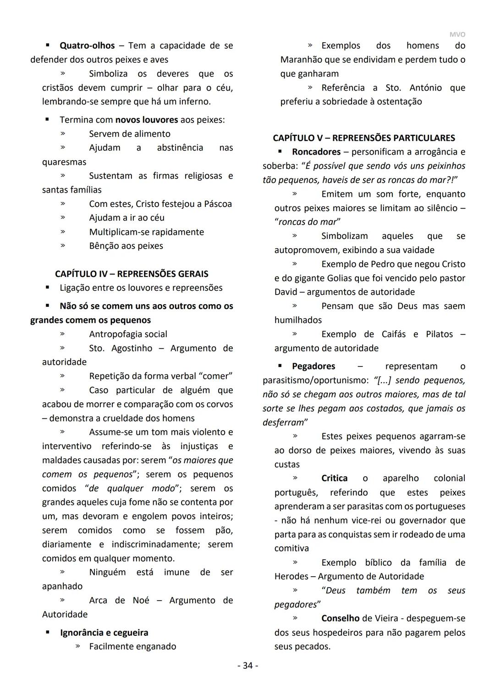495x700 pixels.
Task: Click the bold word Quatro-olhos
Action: click(x=87, y=45)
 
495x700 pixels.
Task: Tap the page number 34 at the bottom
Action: click(x=247, y=665)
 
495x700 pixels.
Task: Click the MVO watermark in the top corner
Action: click(x=456, y=34)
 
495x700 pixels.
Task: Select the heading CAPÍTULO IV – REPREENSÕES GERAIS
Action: click(x=132, y=274)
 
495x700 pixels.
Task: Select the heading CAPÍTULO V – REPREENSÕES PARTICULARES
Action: click(x=364, y=138)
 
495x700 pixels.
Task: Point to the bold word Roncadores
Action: click(x=316, y=152)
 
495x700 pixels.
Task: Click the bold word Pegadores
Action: click(x=313, y=366)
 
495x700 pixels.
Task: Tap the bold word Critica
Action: click(x=334, y=478)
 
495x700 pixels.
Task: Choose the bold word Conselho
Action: click(x=340, y=618)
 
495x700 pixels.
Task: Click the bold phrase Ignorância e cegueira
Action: click(x=104, y=633)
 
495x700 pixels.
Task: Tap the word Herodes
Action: click(x=291, y=576)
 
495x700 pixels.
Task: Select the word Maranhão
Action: click(x=303, y=60)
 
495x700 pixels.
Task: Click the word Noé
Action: click(x=141, y=600)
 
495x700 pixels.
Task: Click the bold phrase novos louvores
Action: click(x=146, y=120)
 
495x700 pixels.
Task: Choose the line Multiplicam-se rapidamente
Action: click(x=146, y=232)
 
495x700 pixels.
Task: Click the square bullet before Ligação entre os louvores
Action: click(x=47, y=288)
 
